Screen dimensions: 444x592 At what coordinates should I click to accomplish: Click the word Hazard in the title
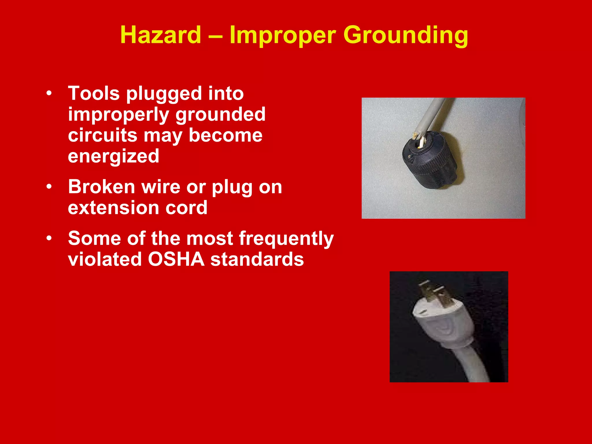160,35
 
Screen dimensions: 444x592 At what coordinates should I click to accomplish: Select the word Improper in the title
282,35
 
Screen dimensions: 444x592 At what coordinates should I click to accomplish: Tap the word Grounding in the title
405,35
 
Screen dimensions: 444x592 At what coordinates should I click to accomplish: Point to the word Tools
94,94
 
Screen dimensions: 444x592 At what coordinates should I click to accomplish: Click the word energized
113,156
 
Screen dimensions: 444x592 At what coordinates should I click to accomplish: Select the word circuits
102,135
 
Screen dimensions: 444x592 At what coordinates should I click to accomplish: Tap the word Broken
101,187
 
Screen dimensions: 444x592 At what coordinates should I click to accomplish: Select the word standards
257,259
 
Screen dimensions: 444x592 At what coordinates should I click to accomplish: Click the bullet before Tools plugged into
49,93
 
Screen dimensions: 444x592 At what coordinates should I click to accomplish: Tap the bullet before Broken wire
49,187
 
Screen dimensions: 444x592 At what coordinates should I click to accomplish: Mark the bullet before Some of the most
49,238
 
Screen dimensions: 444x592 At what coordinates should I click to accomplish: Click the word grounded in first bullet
221,114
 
